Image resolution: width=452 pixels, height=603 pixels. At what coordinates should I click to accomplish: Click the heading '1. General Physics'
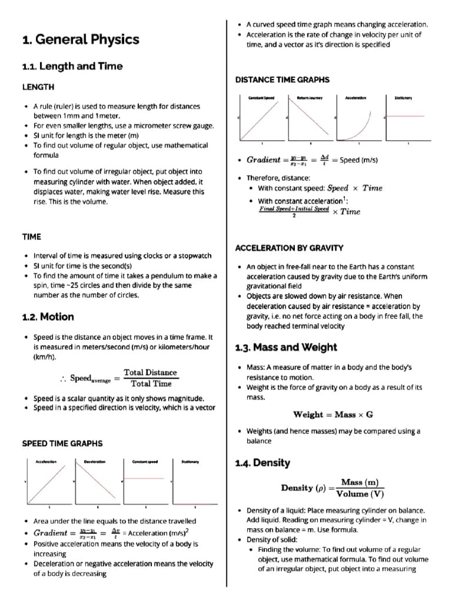click(x=81, y=40)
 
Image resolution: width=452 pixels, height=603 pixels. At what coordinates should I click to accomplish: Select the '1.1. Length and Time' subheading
click(x=72, y=67)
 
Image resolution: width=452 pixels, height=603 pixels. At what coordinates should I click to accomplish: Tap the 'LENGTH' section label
click(x=38, y=87)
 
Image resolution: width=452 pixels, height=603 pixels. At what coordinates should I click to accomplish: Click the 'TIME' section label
click(x=31, y=237)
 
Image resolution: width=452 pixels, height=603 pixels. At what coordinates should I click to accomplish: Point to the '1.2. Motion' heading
click(x=48, y=317)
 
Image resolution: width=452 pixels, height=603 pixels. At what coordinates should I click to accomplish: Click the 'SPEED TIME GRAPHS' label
click(x=62, y=443)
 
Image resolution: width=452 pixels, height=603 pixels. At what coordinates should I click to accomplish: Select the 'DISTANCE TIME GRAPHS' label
click(x=282, y=79)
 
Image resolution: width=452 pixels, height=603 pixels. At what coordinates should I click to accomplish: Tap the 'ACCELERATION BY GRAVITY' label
click(x=289, y=248)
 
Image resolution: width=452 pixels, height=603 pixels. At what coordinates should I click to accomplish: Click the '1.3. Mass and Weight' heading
click(x=286, y=347)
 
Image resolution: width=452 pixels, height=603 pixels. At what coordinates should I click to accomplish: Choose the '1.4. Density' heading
click(x=262, y=463)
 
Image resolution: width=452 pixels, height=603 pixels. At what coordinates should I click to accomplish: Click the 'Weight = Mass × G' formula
click(x=333, y=415)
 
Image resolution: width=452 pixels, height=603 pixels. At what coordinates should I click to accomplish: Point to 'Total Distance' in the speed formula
click(x=150, y=372)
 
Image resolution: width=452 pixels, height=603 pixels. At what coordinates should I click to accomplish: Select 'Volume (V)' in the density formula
click(x=360, y=494)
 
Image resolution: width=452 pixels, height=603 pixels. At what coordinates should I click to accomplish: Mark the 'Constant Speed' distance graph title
click(x=262, y=98)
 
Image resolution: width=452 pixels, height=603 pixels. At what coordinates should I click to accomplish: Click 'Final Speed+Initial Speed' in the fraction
click(x=294, y=208)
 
